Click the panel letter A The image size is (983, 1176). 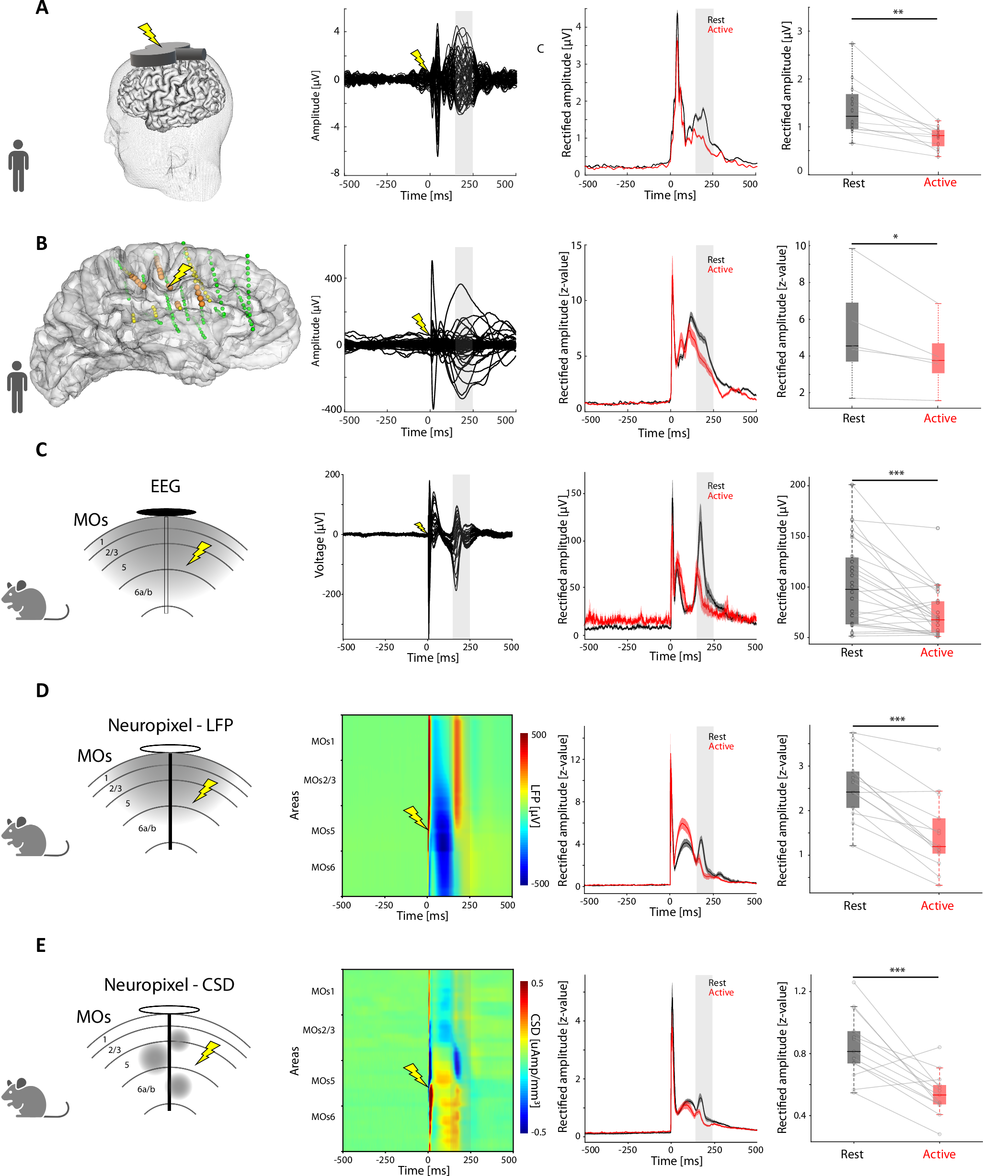pos(42,9)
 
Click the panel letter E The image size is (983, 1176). pos(40,945)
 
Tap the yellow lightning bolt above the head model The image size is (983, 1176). pos(149,34)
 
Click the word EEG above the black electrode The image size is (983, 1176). pos(165,486)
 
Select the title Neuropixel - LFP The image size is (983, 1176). pos(170,725)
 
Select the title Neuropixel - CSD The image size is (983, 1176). pos(169,984)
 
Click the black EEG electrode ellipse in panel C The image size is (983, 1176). pos(166,512)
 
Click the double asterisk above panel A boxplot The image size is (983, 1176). pos(897,12)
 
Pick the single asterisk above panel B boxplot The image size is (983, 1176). pos(895,237)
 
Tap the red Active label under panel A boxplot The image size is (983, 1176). pos(939,182)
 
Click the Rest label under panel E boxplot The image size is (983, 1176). pos(851,1153)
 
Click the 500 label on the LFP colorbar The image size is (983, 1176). pos(538,735)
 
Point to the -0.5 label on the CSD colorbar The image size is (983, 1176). pos(538,1132)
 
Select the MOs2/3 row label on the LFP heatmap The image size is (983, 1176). pos(319,780)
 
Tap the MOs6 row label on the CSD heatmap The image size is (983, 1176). pos(323,1117)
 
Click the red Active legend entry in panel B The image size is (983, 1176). pos(720,270)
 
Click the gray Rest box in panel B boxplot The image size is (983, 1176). pos(852,332)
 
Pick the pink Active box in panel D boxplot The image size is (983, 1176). pos(939,836)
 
